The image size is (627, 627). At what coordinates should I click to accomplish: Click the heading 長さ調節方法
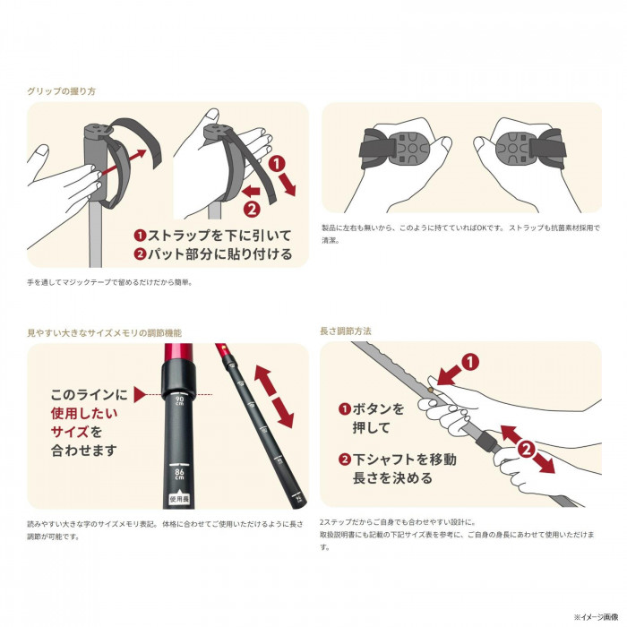point(346,331)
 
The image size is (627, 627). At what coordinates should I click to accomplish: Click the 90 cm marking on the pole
point(180,399)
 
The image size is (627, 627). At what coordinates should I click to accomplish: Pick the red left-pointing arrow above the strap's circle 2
point(253,191)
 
